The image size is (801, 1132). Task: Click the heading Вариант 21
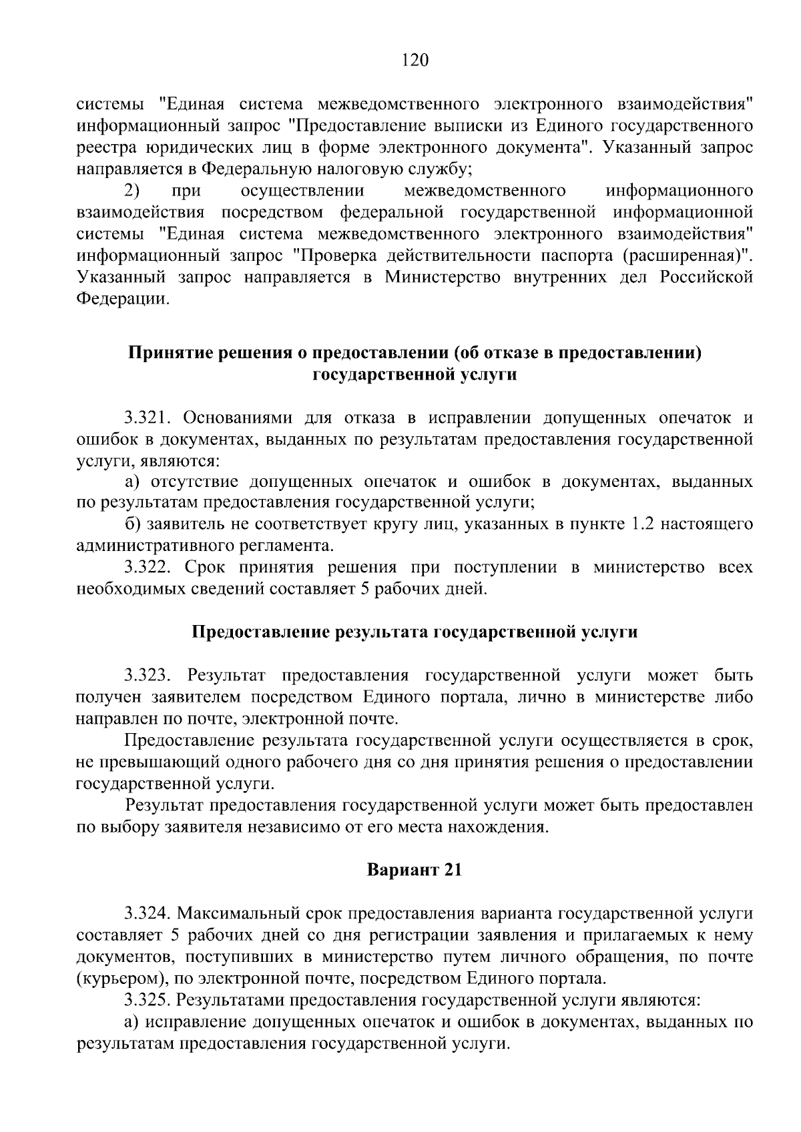[414, 870]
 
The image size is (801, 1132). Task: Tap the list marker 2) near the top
[131, 191]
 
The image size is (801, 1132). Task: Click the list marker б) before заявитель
[132, 525]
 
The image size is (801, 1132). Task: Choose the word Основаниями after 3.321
[239, 418]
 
